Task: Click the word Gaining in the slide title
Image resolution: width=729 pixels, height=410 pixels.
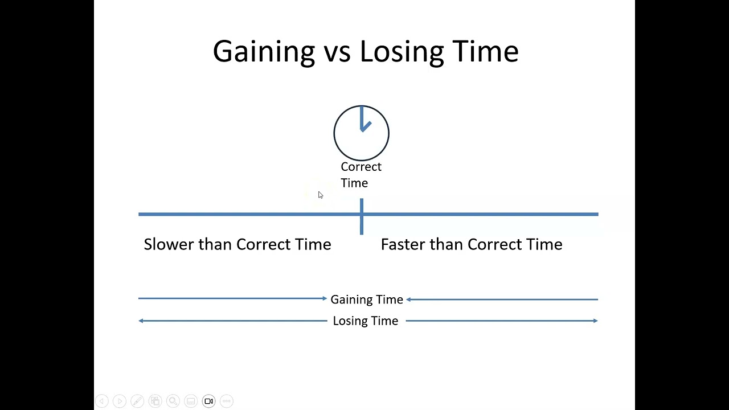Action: pos(264,51)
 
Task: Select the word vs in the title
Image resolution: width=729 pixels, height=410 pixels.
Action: pos(337,52)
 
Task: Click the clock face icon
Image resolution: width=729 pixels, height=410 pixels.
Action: pos(361,133)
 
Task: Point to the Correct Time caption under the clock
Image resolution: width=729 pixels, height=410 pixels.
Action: pos(361,174)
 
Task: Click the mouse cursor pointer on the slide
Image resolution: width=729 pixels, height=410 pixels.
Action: pos(320,195)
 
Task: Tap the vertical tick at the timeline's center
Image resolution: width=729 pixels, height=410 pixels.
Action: pos(362,216)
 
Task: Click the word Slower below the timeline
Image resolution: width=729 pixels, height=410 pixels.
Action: pos(169,244)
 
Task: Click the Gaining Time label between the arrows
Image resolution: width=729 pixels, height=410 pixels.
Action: pos(367,300)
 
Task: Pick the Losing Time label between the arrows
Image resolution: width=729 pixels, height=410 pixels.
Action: pos(366,321)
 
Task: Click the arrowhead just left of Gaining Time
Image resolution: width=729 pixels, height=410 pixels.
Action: pos(325,298)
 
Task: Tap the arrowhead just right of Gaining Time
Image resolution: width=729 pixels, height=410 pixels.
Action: pos(409,299)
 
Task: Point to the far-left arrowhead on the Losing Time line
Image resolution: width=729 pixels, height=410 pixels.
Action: pos(141,321)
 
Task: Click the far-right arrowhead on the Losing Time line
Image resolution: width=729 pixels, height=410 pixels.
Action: pos(596,321)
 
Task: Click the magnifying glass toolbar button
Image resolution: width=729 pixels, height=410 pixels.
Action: pos(173,401)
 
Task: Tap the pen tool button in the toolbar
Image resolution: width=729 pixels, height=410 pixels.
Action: pos(137,401)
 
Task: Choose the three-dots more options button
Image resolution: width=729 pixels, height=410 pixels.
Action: pos(227,401)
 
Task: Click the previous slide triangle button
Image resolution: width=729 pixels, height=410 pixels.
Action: pos(101,401)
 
